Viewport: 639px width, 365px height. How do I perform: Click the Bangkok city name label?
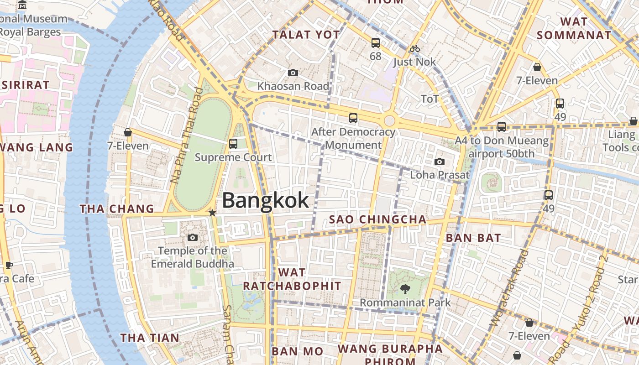[x=265, y=201]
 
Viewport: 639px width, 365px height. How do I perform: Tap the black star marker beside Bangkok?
[x=212, y=213]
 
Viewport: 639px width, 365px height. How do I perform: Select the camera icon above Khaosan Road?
[x=293, y=73]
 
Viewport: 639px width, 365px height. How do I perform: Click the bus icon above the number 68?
[x=375, y=43]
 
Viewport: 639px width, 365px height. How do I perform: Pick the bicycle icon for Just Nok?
[x=414, y=48]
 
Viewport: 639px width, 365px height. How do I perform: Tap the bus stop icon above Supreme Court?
[x=233, y=144]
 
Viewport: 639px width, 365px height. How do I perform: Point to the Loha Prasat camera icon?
[x=440, y=162]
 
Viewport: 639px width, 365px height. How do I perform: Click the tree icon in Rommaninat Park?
[x=405, y=289]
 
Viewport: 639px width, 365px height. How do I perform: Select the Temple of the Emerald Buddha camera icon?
[x=193, y=237]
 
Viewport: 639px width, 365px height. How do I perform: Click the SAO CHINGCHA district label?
[x=378, y=219]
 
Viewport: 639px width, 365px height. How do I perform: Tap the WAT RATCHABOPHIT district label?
[x=292, y=279]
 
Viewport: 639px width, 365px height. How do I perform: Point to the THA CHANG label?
[x=117, y=209]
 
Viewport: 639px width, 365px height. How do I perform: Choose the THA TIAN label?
[x=150, y=338]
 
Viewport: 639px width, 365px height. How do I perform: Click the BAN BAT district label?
[x=473, y=238]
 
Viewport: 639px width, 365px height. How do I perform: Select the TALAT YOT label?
[x=306, y=35]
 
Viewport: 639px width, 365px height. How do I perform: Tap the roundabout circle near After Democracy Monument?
[x=389, y=120]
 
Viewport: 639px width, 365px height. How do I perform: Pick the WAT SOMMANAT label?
[x=574, y=28]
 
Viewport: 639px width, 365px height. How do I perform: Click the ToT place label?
[x=429, y=99]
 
